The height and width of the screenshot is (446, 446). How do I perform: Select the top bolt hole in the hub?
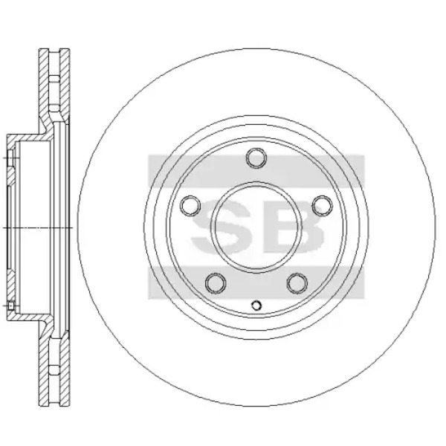tap(256, 158)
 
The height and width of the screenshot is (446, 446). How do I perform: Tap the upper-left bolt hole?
tap(190, 206)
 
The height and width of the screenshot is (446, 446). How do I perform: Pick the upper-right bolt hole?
tap(323, 206)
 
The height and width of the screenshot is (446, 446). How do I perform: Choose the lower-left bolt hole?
tap(216, 284)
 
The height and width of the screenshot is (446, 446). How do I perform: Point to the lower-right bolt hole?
tap(297, 284)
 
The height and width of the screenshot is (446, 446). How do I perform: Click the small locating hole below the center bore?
tap(256, 306)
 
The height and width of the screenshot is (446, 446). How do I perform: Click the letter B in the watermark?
tap(293, 226)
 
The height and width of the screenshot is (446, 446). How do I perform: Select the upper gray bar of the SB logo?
tap(256, 171)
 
